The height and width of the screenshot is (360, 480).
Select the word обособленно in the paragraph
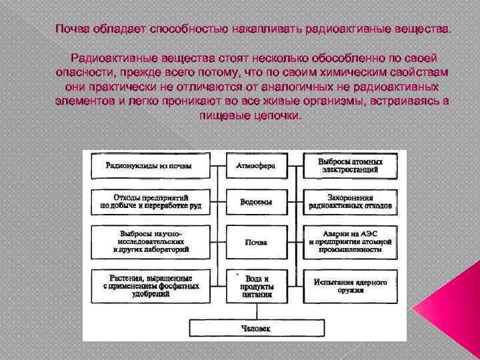pyautogui.click(x=339, y=58)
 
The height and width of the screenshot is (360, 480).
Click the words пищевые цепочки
pyautogui.click(x=250, y=115)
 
